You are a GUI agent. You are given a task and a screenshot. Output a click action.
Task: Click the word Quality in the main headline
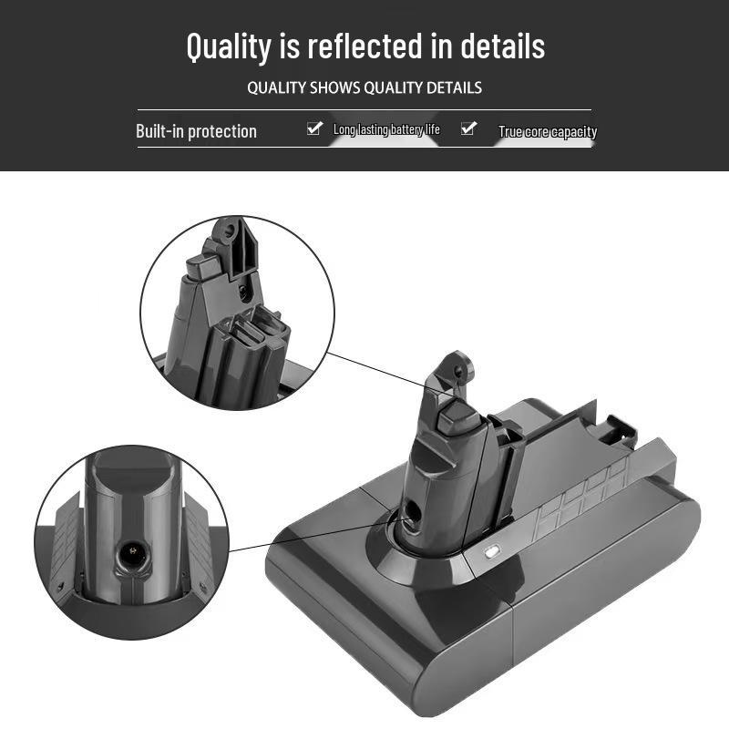pos(229,47)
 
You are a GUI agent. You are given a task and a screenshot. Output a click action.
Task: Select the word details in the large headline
pos(503,46)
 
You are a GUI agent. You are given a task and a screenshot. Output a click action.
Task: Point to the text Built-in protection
pos(196,131)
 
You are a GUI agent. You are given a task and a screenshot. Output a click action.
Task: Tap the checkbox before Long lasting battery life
pos(314,128)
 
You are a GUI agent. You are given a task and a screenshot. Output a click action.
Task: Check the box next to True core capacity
pos(468,128)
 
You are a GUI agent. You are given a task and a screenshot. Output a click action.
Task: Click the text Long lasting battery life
pos(386,129)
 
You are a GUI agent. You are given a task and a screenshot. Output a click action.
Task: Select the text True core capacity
pos(548,131)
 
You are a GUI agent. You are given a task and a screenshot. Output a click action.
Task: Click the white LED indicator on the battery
pos(491,553)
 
